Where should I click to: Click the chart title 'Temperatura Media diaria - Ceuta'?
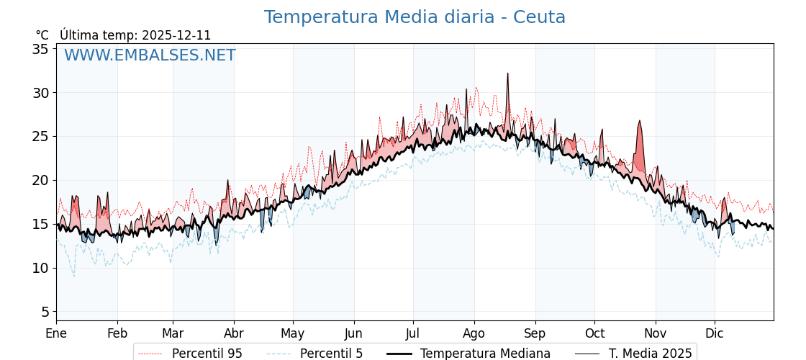point(415,17)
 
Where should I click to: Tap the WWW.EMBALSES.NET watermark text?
point(150,55)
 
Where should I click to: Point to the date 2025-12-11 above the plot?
point(176,35)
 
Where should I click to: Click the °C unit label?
point(42,35)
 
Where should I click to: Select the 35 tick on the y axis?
point(40,49)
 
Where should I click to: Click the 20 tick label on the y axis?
point(40,180)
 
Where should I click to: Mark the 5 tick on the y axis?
point(45,312)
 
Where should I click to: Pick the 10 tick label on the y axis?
point(40,268)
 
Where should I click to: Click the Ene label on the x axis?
point(56,333)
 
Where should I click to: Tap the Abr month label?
point(234,333)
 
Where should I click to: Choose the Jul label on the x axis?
point(413,333)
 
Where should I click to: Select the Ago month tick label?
point(474,333)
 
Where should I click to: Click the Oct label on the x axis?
point(594,333)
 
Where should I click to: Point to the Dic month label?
point(715,333)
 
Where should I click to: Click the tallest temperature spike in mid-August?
point(507,74)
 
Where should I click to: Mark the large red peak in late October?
point(639,122)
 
